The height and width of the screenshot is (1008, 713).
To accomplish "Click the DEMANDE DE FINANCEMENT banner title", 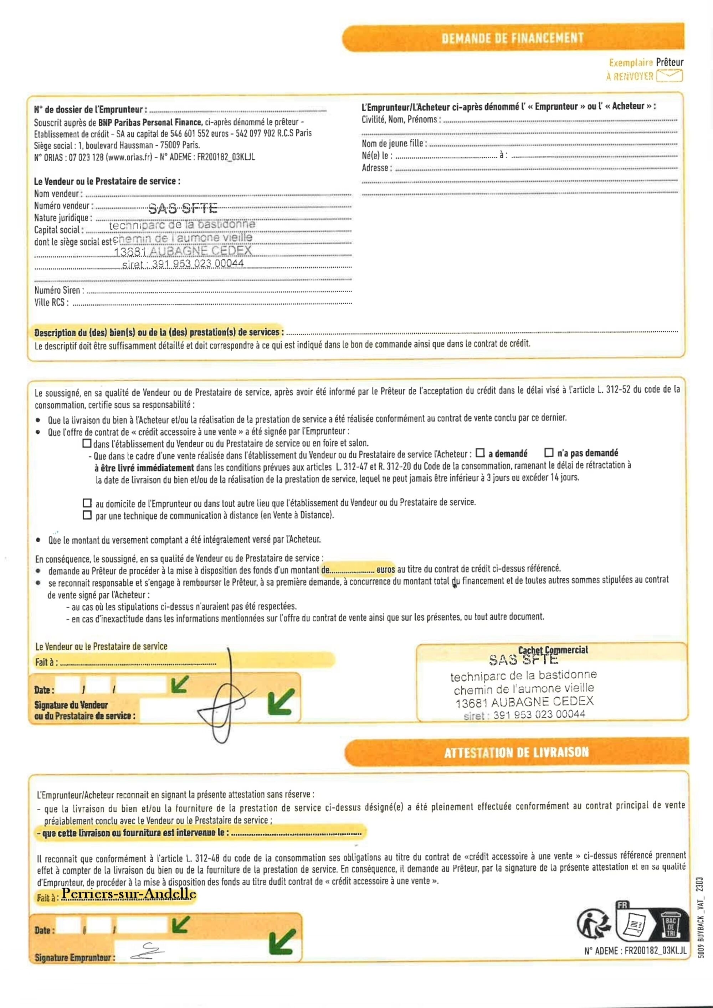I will pyautogui.click(x=513, y=38).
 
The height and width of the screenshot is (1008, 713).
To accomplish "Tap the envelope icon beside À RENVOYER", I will pyautogui.click(x=670, y=76).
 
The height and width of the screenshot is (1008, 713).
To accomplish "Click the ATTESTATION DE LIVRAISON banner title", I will pyautogui.click(x=516, y=753).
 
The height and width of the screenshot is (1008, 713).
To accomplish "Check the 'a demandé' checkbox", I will pyautogui.click(x=480, y=453).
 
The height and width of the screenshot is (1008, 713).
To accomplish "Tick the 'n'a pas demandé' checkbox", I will pyautogui.click(x=549, y=453).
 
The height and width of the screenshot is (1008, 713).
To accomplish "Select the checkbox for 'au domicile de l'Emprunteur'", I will pyautogui.click(x=87, y=503).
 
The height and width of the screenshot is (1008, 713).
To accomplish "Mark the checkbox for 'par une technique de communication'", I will pyautogui.click(x=87, y=515).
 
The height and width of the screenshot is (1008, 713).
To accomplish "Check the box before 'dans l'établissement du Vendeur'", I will pyautogui.click(x=87, y=443).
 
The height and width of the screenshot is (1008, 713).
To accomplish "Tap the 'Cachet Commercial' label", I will pyautogui.click(x=553, y=650).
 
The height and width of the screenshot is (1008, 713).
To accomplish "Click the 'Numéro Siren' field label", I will pyautogui.click(x=57, y=290).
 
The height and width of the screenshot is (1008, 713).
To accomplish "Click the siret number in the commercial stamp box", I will pyautogui.click(x=539, y=715).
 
